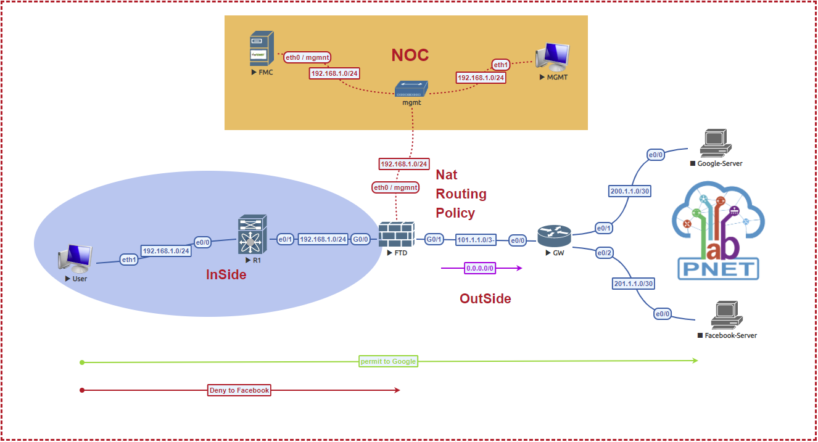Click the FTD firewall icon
pyautogui.click(x=397, y=235)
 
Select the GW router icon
pyautogui.click(x=550, y=235)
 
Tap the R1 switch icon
pyautogui.click(x=252, y=235)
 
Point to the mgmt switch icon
pyautogui.click(x=411, y=89)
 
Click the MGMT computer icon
pyautogui.click(x=552, y=57)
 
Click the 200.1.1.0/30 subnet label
pyautogui.click(x=630, y=191)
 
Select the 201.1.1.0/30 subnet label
pyautogui.click(x=634, y=284)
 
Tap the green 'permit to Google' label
pyautogui.click(x=388, y=361)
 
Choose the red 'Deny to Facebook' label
pyautogui.click(x=239, y=390)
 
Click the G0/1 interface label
pyautogui.click(x=434, y=239)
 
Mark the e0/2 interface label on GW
pyautogui.click(x=604, y=253)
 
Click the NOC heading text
pyautogui.click(x=410, y=55)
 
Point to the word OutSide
pyautogui.click(x=485, y=299)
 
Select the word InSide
pyautogui.click(x=226, y=275)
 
